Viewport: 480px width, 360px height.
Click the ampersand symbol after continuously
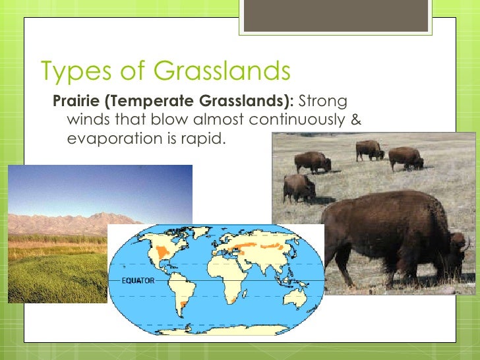[x=356, y=121]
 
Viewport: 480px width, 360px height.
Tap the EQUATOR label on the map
[x=137, y=281]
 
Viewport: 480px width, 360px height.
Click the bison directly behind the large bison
[x=298, y=188]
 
